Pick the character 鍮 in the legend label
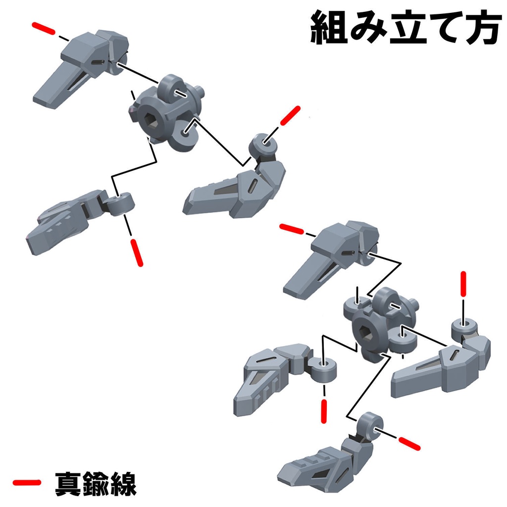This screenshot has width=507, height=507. (96, 483)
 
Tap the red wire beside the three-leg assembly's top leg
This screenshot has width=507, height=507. (43, 29)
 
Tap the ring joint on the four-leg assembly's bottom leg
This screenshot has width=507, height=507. (371, 426)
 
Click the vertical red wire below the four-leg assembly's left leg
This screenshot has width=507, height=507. (324, 411)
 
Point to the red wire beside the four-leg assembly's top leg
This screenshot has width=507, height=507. (293, 229)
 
